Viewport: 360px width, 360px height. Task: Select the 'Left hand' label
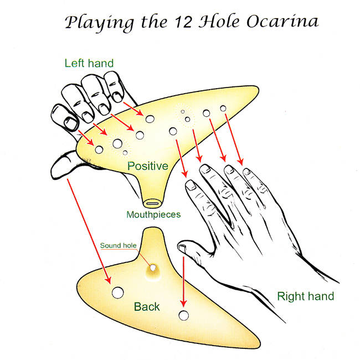coord(89,63)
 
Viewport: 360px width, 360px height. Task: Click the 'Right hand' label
coord(305,296)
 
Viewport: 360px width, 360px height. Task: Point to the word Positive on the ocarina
coord(147,166)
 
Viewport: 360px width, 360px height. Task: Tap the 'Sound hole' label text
coord(118,245)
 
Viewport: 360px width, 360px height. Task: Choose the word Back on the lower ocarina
coord(147,306)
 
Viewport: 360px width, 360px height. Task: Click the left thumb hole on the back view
coord(117,292)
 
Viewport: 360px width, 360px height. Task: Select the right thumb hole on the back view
coord(183,316)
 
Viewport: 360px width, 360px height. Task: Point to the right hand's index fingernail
coord(189,186)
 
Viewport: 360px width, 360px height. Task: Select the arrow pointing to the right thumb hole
coord(183,277)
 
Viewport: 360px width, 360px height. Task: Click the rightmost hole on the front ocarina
coord(223,109)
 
